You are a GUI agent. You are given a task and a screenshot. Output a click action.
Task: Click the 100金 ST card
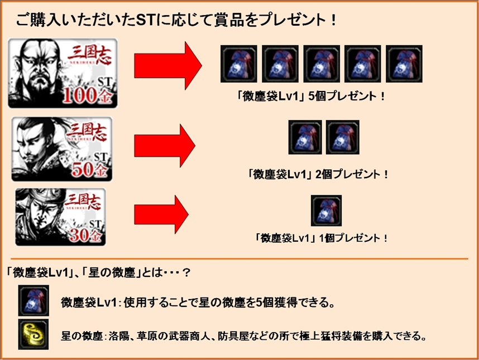click(x=63, y=73)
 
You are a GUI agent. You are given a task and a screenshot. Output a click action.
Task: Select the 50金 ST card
click(x=62, y=149)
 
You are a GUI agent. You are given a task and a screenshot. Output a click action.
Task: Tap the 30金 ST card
click(x=60, y=217)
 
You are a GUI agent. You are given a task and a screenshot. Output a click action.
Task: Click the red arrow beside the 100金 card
click(x=168, y=66)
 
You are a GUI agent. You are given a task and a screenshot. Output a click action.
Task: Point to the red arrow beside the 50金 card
click(x=165, y=146)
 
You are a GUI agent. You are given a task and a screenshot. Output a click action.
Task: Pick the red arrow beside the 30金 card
click(x=161, y=215)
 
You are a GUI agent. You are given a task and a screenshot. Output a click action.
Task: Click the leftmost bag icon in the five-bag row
click(x=238, y=64)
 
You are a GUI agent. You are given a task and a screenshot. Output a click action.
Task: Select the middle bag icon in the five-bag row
click(x=322, y=64)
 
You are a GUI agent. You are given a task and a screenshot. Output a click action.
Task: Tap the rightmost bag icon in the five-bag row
click(x=404, y=64)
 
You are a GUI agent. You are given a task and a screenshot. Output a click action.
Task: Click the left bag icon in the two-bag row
click(x=305, y=137)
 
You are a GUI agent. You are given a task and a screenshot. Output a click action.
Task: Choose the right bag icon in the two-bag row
click(x=342, y=137)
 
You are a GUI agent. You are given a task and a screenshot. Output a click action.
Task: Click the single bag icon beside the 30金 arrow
click(x=326, y=210)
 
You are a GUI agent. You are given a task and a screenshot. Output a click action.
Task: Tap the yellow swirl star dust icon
click(x=33, y=334)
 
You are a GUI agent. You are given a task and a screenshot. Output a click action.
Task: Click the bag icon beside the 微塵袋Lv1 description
click(x=33, y=301)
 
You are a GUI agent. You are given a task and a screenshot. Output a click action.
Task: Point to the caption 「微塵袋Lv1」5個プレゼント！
click(x=310, y=97)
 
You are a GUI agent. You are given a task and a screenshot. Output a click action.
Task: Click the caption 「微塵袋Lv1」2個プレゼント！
click(x=318, y=174)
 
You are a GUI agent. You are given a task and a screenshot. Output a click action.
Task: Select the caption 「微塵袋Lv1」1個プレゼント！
click(x=322, y=238)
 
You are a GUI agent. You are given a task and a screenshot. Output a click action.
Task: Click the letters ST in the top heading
click(x=146, y=20)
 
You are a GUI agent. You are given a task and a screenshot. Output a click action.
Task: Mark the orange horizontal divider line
click(x=239, y=259)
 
